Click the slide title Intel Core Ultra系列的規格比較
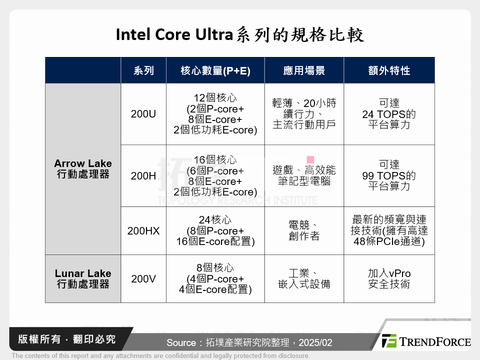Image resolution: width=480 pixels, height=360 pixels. [x=240, y=35]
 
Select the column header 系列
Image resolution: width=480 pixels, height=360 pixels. [x=143, y=70]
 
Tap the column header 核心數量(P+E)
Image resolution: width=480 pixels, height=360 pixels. [x=215, y=70]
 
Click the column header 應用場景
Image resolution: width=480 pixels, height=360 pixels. [x=304, y=70]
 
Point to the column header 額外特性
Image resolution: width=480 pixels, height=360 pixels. [x=389, y=70]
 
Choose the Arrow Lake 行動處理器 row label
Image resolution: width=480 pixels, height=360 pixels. [x=83, y=169]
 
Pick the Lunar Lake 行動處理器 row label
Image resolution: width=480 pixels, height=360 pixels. [x=83, y=279]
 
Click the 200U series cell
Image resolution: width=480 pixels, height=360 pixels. [x=143, y=114]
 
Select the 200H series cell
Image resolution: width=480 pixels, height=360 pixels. [x=143, y=176]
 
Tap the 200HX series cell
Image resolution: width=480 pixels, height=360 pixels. [x=143, y=231]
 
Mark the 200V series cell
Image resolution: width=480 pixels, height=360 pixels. [x=143, y=279]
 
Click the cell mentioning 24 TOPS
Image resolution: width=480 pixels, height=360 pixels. [x=389, y=114]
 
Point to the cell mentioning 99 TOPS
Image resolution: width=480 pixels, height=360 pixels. [x=389, y=176]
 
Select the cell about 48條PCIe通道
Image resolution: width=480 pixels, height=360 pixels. [x=389, y=231]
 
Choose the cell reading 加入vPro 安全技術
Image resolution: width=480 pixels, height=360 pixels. [x=389, y=279]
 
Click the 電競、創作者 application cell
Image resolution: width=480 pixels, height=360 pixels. [x=304, y=231]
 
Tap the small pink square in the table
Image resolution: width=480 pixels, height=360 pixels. [x=310, y=159]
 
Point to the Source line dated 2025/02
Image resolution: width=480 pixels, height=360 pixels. [x=249, y=343]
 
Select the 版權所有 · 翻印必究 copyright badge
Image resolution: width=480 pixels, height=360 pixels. [x=67, y=339]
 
